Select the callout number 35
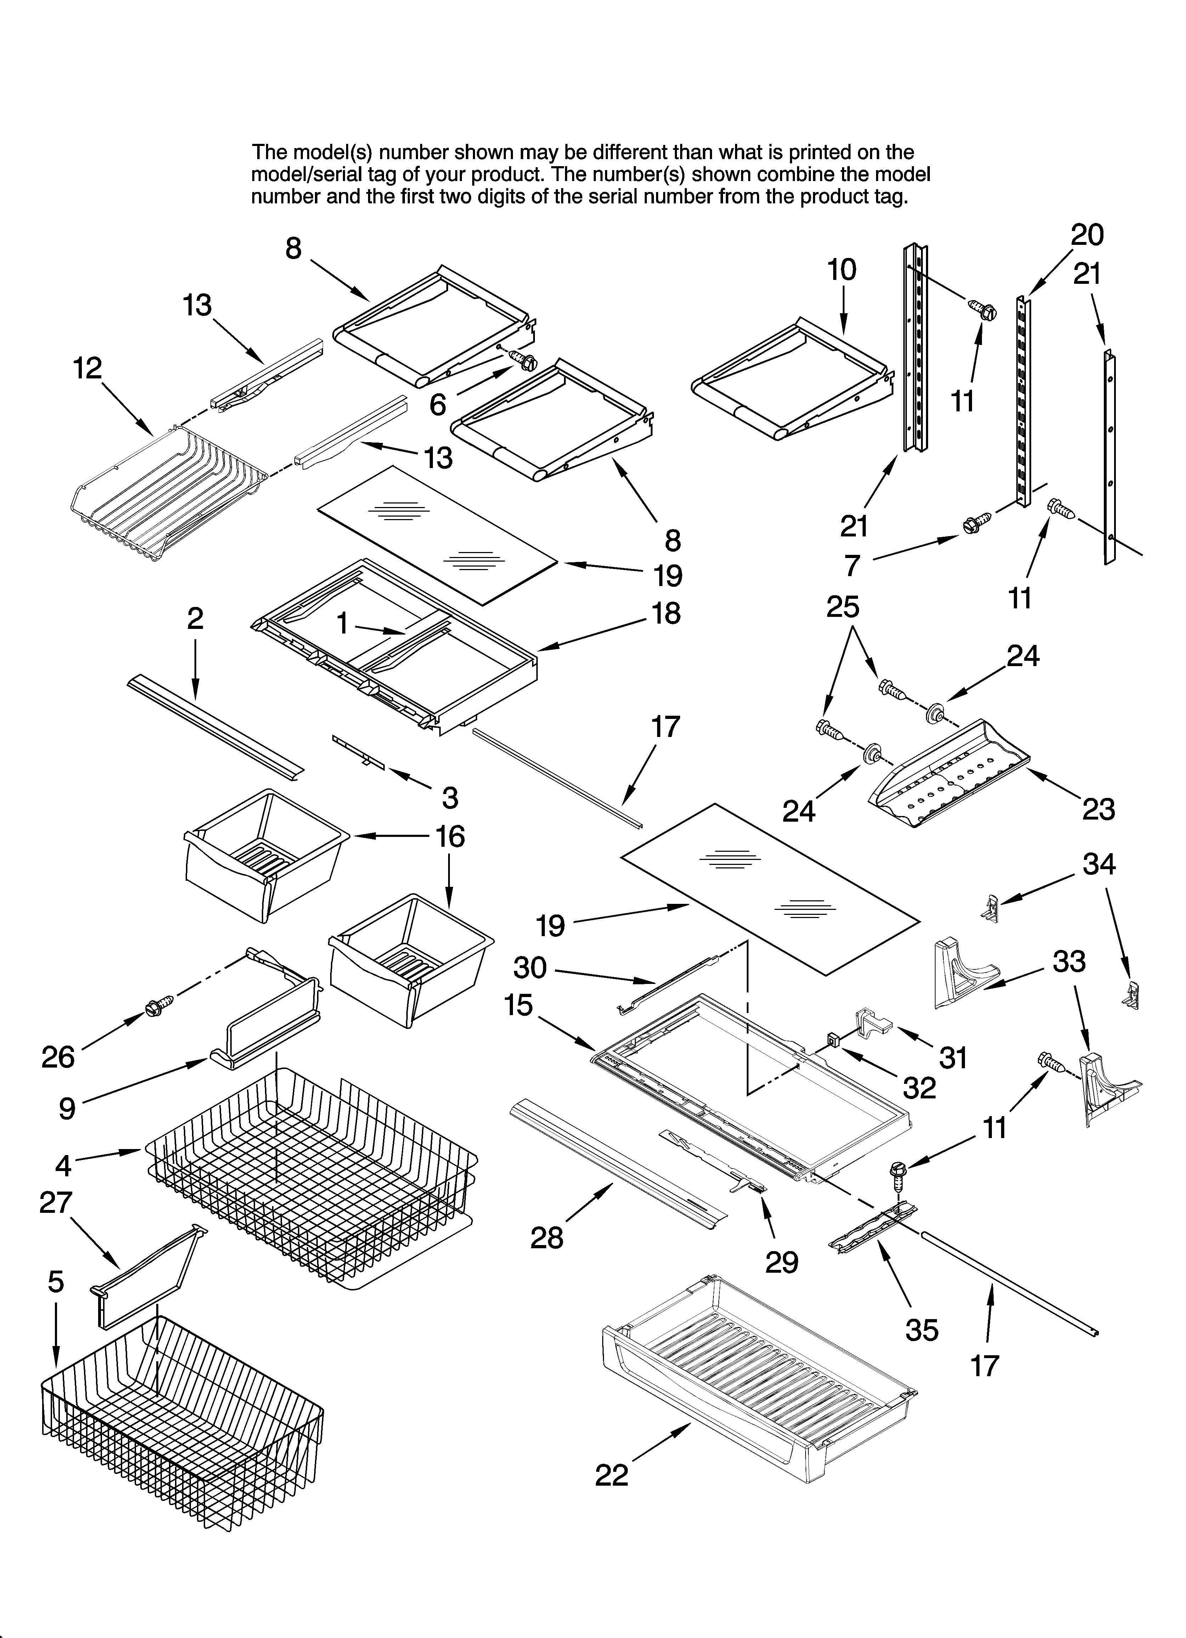[922, 1330]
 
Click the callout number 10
[841, 270]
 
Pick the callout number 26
[58, 1057]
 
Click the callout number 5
[56, 1282]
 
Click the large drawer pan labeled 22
[758, 1390]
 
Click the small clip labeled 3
[359, 752]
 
